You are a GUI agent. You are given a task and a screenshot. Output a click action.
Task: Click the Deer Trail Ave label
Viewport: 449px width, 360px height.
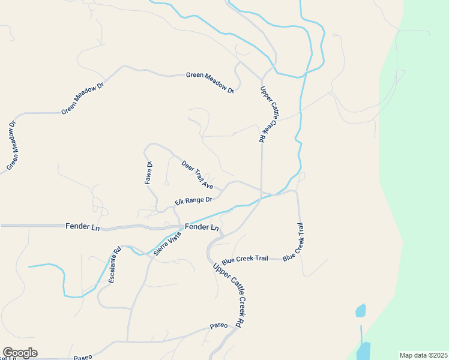[x=197, y=175]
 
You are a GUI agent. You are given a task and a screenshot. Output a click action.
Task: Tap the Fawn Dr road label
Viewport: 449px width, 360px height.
[x=149, y=173]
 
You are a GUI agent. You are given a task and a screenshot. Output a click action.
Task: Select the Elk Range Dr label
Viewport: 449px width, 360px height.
[x=194, y=200]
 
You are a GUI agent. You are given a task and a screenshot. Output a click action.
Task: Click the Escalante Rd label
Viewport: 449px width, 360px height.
[x=115, y=265]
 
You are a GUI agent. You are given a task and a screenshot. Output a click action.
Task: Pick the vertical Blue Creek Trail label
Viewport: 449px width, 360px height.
[x=298, y=241]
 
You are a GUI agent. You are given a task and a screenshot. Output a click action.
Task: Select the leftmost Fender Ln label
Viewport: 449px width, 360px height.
[x=82, y=226]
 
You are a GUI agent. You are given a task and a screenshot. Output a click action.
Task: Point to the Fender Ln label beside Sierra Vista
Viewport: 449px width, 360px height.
[x=202, y=227]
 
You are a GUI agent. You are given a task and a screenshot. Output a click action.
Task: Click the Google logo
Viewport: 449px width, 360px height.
[x=20, y=353]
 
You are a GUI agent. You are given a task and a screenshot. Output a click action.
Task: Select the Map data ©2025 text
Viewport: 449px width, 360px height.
[x=423, y=355]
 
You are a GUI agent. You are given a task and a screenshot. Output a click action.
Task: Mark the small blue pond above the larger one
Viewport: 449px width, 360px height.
[x=360, y=310]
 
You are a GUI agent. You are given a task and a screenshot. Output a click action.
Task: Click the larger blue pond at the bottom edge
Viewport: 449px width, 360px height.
[x=363, y=351]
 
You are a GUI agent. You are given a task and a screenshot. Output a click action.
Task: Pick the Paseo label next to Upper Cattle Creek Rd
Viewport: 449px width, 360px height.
[x=218, y=326]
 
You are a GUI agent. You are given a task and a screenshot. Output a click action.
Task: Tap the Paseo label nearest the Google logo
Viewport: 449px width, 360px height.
[x=83, y=357]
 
